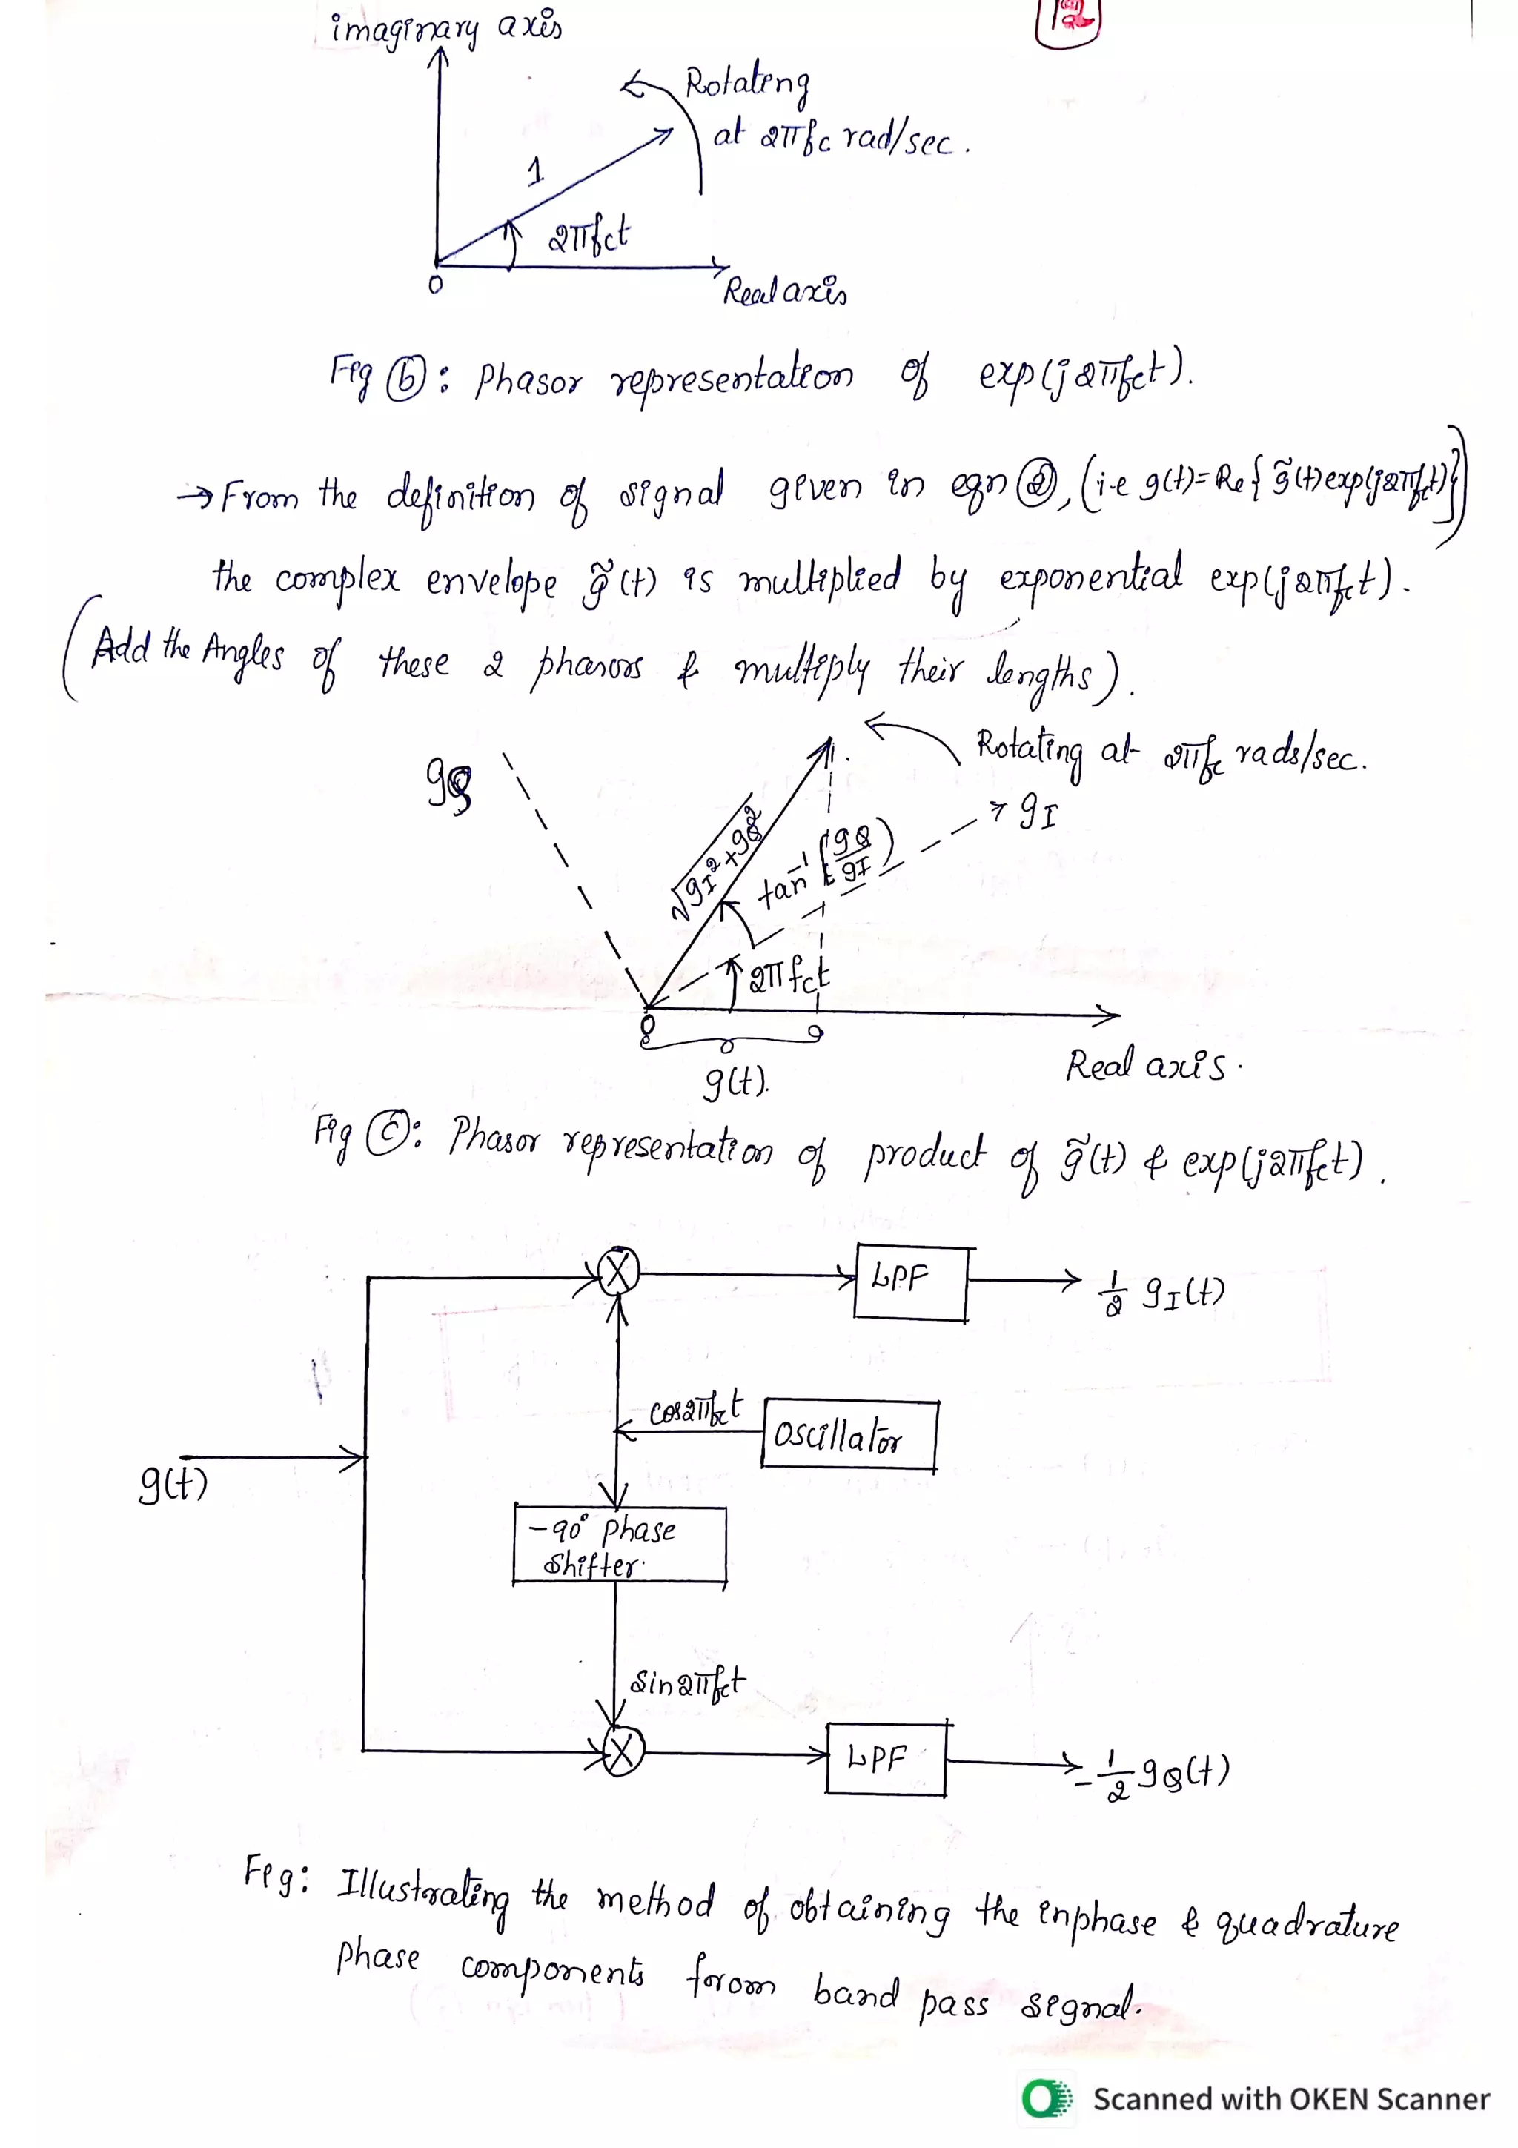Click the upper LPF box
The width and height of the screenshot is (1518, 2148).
(911, 1282)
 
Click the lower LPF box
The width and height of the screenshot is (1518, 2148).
(885, 1758)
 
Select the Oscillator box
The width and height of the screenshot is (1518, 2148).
(849, 1434)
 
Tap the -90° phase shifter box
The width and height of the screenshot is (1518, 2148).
(619, 1545)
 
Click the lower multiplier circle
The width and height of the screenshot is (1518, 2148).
(623, 1752)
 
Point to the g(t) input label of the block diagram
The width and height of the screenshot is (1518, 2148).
(173, 1483)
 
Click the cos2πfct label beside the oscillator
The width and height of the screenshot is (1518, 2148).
(696, 1409)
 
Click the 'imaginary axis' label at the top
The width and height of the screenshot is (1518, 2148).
(445, 28)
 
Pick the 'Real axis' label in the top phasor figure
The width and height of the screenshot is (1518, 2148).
(785, 292)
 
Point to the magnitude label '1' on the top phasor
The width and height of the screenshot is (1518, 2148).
(535, 170)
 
